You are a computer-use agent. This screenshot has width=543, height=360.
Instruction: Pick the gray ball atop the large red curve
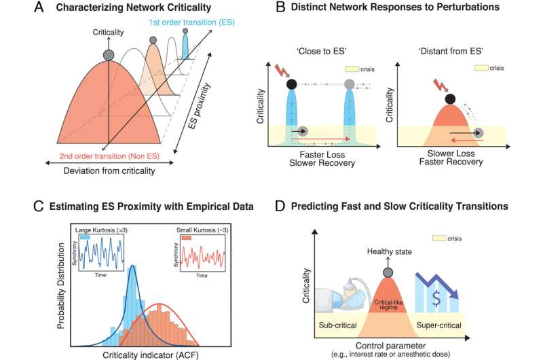(x=108, y=54)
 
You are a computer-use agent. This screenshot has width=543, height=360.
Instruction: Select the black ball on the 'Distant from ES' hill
(x=448, y=101)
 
